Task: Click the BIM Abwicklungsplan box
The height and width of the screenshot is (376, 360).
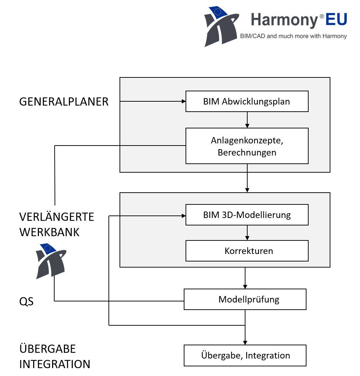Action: (247, 101)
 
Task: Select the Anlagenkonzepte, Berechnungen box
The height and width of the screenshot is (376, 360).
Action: (247, 146)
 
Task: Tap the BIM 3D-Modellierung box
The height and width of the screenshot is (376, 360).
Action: (247, 215)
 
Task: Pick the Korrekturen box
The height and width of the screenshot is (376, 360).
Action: (247, 251)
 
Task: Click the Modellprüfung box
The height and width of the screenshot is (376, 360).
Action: (245, 299)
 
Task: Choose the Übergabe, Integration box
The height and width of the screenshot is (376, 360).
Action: (245, 355)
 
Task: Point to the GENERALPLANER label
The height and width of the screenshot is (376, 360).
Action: (64, 102)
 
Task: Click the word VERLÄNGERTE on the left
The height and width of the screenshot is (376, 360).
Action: (56, 217)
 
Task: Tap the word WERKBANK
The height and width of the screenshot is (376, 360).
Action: (49, 232)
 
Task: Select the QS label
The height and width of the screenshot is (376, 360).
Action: (26, 302)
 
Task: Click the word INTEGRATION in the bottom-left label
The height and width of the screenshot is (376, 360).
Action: (55, 364)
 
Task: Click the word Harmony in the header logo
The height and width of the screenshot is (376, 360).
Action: (284, 20)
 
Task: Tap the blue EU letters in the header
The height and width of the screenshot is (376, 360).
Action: (336, 19)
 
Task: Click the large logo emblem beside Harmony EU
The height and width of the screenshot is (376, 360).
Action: (221, 26)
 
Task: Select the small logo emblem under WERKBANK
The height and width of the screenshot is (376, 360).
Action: (51, 260)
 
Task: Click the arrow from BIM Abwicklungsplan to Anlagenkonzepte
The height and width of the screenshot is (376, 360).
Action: (247, 120)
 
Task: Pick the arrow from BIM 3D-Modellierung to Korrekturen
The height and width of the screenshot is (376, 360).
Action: (247, 233)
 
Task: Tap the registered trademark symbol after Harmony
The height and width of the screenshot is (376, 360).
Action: (321, 16)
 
